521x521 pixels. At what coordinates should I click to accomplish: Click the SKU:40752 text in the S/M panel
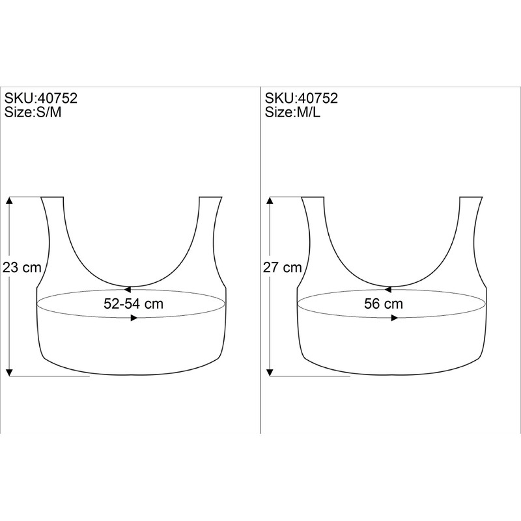40,98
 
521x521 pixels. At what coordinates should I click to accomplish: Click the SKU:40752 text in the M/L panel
301,98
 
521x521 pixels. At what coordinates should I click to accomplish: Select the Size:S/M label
33,112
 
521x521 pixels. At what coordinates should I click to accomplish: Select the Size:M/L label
292,112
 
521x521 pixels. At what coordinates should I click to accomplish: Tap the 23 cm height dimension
22,267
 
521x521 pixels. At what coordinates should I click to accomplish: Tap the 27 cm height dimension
283,267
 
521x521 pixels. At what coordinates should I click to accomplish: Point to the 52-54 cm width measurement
134,303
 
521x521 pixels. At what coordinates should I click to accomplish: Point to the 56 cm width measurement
384,303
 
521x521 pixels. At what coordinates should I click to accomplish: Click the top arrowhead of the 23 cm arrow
9,200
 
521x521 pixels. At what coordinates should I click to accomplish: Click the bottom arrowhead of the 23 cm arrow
9,373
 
